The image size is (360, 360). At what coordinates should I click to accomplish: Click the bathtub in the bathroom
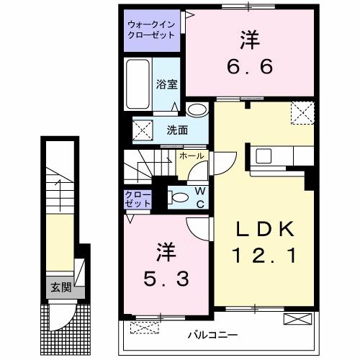[x=138, y=85]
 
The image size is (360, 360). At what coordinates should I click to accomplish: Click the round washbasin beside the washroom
[x=195, y=110]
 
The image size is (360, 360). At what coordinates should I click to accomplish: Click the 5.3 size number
[x=166, y=278]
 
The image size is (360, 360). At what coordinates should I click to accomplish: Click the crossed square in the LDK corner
[x=301, y=112]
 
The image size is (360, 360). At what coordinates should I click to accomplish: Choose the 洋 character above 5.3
[x=166, y=252]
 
